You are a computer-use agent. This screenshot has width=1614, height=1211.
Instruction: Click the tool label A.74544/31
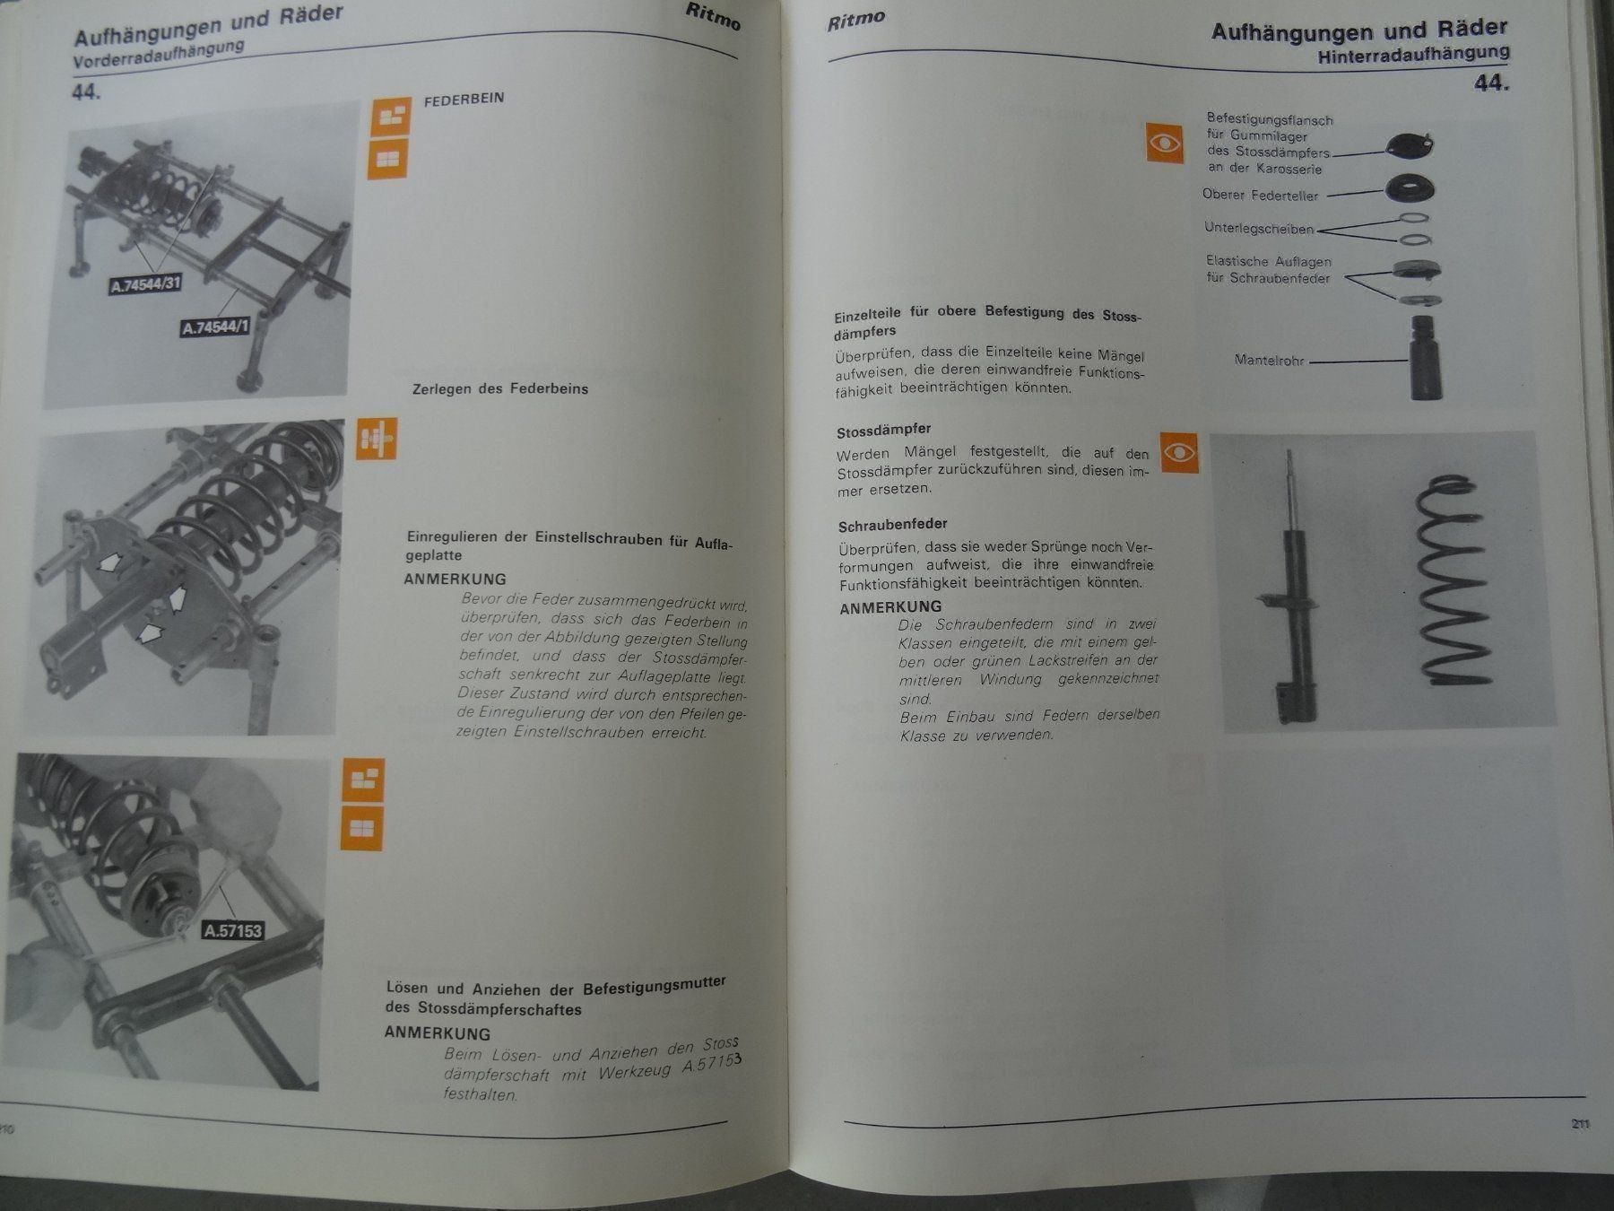click(146, 285)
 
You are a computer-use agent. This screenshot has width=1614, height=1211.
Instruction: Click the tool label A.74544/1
click(215, 327)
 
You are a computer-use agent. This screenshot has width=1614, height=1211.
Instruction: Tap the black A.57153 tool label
click(233, 930)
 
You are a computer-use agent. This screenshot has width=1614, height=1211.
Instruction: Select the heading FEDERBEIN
click(464, 100)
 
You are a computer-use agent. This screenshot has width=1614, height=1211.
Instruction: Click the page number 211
click(1580, 1124)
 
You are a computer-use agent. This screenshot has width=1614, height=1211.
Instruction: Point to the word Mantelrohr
click(1269, 361)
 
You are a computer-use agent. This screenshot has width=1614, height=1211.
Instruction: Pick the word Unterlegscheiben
click(1259, 229)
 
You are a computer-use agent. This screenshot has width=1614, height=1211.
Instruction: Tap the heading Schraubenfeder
click(892, 525)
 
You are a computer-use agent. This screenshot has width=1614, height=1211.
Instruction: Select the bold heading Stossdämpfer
click(883, 431)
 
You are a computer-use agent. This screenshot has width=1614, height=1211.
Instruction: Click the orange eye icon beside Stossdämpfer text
click(1179, 453)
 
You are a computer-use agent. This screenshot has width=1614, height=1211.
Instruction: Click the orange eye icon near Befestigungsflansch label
click(1165, 144)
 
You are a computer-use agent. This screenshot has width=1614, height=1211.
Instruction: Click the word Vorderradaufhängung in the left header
click(159, 54)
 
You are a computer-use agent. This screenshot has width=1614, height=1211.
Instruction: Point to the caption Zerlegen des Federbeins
click(500, 389)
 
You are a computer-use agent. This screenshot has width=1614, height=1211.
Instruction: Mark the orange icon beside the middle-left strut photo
click(376, 440)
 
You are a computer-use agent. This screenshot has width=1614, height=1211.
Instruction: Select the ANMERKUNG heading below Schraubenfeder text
click(890, 607)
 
